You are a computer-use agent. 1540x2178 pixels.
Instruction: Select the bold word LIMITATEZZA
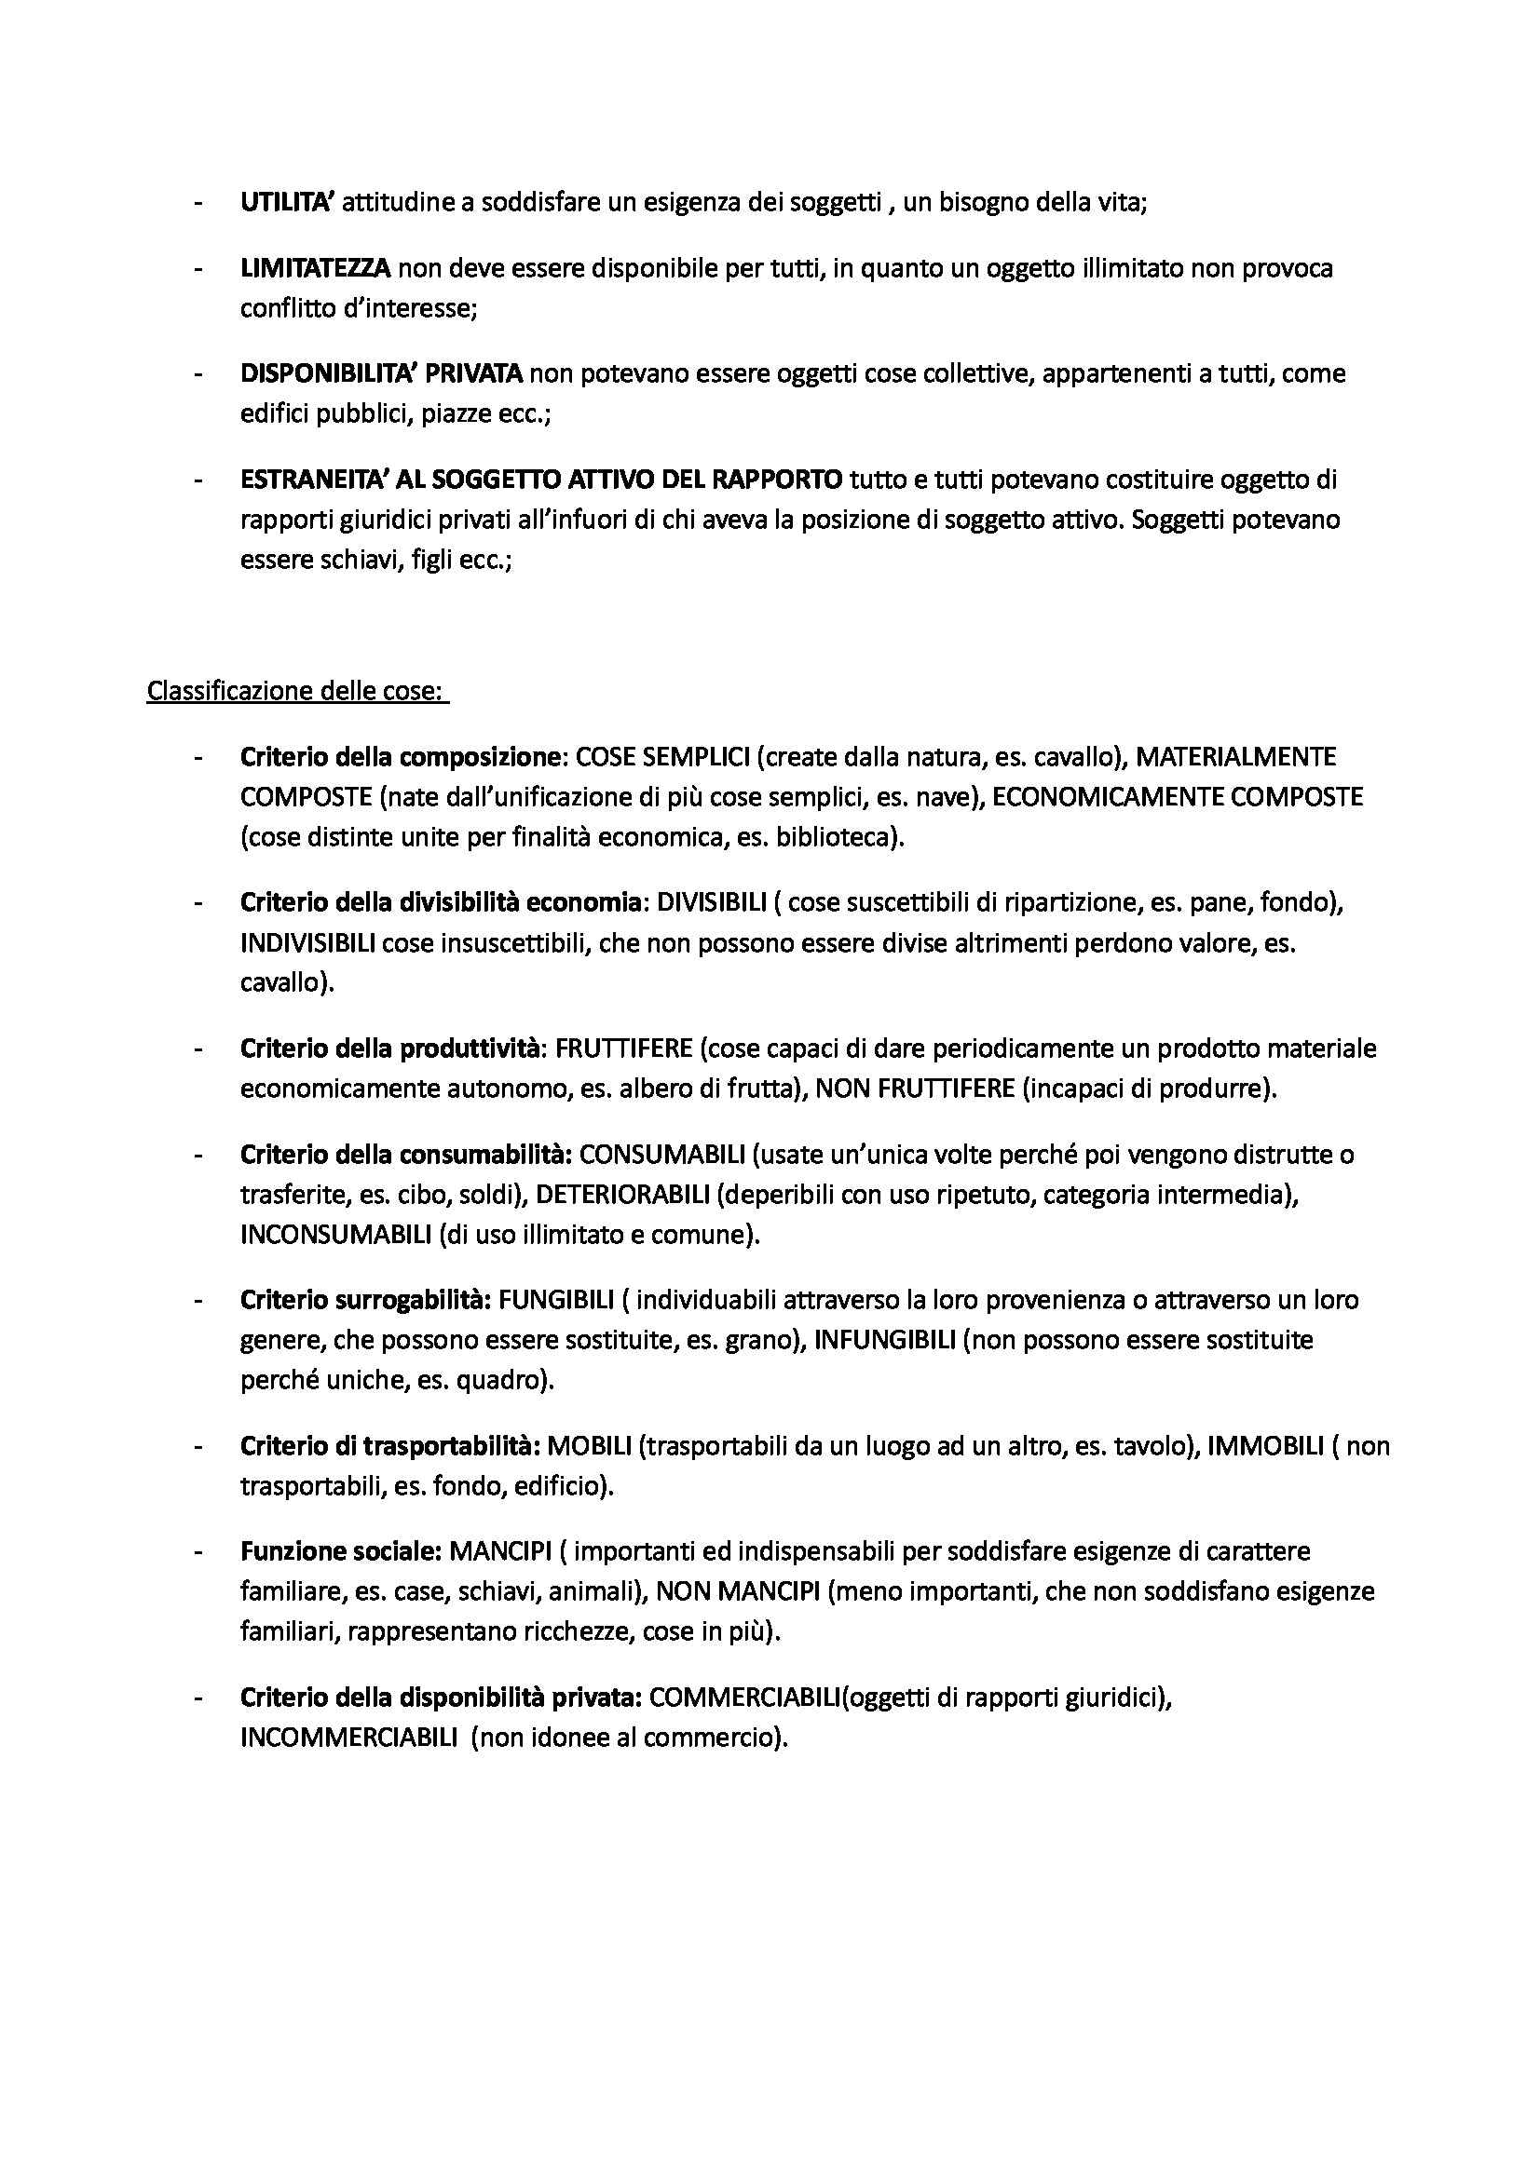point(315,268)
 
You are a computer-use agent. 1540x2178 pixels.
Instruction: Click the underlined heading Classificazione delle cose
point(295,691)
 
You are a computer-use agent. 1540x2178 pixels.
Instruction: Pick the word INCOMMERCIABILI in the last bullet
point(348,1738)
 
